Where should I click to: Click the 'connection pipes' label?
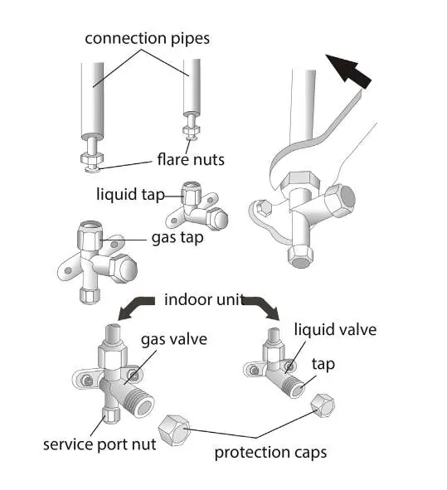coord(148,39)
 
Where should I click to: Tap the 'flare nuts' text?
coord(191,159)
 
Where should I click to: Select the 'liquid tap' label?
coord(130,194)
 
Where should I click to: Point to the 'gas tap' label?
coord(177,238)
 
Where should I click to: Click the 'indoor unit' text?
coord(204,299)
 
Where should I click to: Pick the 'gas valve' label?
coord(174,339)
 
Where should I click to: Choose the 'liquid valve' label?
coord(335,330)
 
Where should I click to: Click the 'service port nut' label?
coord(100,444)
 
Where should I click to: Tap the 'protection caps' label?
coord(270,452)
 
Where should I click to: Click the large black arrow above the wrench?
coord(348,70)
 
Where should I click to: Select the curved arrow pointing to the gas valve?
coord(136,308)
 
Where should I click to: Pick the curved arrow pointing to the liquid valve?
coord(262,308)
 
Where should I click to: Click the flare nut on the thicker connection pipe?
coord(91,159)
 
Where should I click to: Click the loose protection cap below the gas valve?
coord(174,430)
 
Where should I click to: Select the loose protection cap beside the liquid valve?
coord(323,405)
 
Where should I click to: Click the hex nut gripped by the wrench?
coord(300,181)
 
